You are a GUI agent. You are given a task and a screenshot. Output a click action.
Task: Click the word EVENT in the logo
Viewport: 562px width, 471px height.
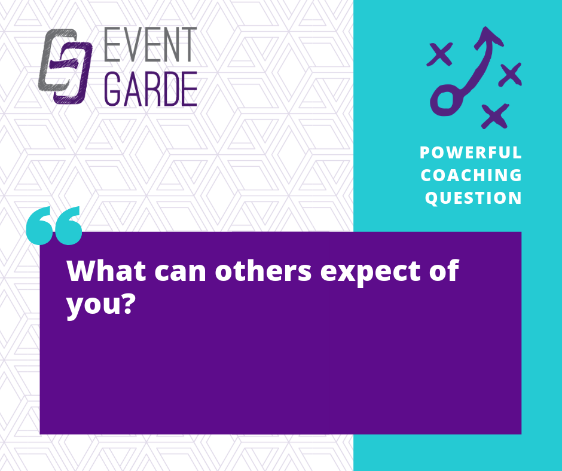coord(151,44)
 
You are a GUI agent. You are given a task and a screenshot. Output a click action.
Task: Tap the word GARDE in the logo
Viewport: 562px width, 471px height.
coord(151,89)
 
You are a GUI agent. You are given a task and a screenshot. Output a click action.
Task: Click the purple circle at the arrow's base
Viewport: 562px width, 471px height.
coord(445,101)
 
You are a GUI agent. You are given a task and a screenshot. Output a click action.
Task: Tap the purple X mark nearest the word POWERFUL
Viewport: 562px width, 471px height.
coord(495,116)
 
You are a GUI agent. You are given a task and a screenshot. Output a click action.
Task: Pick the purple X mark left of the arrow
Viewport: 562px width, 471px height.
coord(439,54)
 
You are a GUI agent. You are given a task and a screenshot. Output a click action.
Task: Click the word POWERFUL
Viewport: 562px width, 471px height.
coord(471,152)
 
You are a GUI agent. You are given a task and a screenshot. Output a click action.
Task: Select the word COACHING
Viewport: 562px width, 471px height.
coord(471,175)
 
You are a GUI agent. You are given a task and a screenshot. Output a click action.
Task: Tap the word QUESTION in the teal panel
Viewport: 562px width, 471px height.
coord(473,198)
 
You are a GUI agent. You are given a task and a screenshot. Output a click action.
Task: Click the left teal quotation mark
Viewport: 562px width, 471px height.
coord(39,225)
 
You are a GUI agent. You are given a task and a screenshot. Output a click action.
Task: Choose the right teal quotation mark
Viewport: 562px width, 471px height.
coord(68,225)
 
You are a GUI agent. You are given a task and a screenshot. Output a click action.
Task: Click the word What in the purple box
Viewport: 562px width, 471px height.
coord(106,271)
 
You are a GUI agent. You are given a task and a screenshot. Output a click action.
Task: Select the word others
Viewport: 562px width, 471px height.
coord(263,271)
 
